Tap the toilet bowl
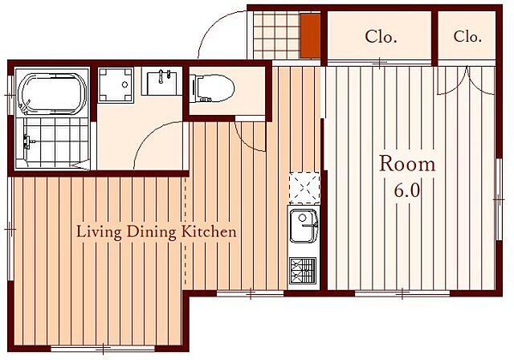212,88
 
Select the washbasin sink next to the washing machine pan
161,81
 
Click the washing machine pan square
116,85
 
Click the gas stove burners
303,271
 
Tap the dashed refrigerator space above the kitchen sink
304,186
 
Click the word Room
407,164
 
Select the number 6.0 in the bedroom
407,190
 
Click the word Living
99,232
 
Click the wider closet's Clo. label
381,36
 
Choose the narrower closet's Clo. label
467,36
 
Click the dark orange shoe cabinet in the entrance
310,35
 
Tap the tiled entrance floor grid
277,35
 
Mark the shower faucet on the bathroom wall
27,142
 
